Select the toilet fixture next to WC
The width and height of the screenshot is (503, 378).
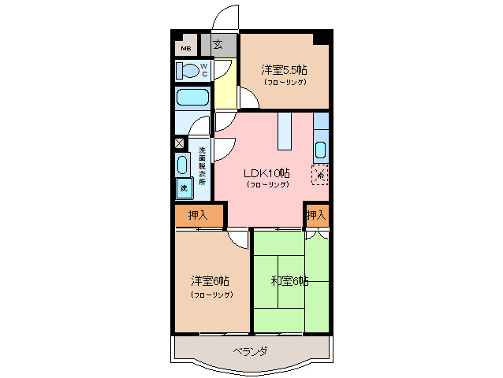[x=188, y=71]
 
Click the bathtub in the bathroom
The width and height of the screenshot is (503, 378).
[x=192, y=98]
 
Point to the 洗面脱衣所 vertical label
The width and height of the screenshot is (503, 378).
[x=202, y=166]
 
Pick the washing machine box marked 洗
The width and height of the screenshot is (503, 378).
[x=183, y=188]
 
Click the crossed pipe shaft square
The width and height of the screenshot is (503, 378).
[x=179, y=144]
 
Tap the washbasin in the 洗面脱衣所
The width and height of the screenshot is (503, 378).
[x=182, y=165]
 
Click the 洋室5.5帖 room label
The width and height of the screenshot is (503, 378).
[x=285, y=69]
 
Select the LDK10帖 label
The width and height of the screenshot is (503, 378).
[x=266, y=173]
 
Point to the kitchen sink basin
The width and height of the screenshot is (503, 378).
[x=321, y=150]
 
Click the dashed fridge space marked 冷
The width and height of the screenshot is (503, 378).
[x=320, y=175]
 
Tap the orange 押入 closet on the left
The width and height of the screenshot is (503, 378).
[x=199, y=214]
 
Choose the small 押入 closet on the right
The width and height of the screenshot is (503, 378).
[x=315, y=214]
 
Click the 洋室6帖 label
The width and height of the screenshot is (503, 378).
[x=211, y=281]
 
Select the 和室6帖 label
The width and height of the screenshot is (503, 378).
[x=289, y=280]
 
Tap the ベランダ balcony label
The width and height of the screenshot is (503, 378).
[x=251, y=351]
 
